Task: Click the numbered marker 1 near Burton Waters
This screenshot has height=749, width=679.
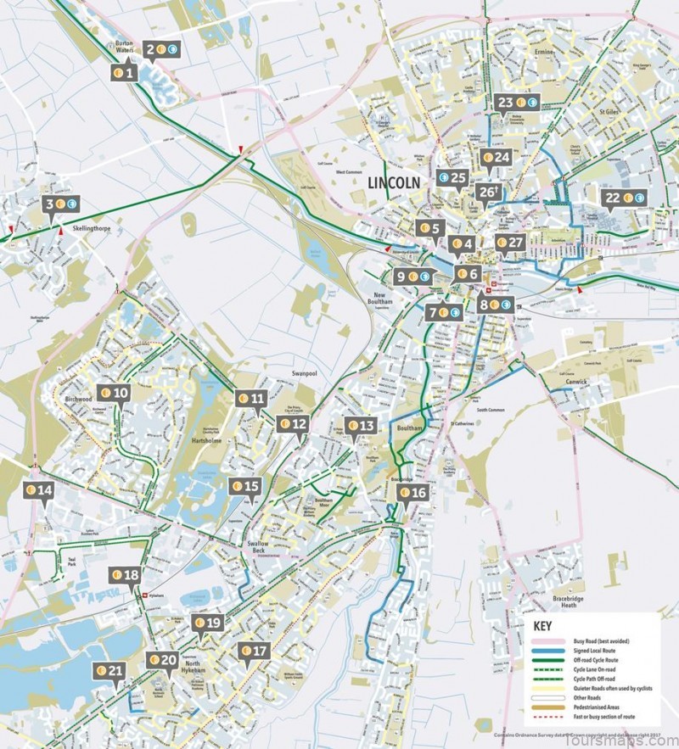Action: tap(125, 73)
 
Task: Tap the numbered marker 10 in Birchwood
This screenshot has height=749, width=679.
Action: tap(115, 393)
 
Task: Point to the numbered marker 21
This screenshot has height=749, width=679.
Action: tap(109, 671)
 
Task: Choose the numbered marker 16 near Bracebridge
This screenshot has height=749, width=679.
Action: tap(412, 492)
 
